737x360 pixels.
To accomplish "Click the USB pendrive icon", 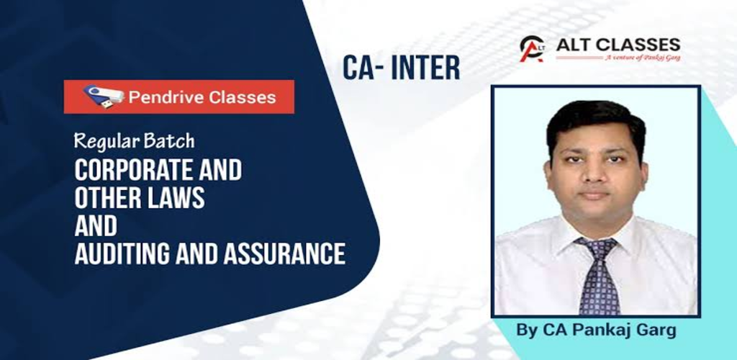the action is [x=104, y=96].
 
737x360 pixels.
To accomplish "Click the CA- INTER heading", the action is [x=401, y=68].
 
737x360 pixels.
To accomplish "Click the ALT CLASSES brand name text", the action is [x=618, y=45].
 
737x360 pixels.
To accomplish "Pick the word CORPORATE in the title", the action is [x=130, y=171].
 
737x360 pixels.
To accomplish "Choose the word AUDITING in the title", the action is [x=118, y=253].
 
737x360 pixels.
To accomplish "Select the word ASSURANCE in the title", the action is [x=284, y=253].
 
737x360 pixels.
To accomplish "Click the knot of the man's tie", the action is [x=596, y=248].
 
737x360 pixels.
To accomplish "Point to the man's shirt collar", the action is [x=596, y=235].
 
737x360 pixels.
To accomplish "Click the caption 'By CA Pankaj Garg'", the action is [x=596, y=330].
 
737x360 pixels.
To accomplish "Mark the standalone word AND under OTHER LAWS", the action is [x=96, y=226].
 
